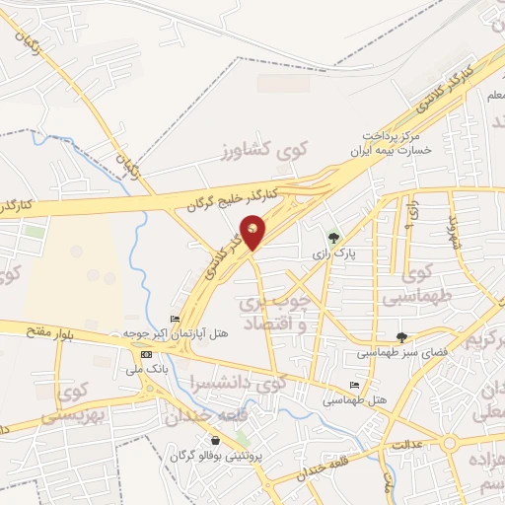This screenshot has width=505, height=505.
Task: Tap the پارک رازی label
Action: click(x=333, y=253)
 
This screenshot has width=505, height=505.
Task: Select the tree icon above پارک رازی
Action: click(x=333, y=238)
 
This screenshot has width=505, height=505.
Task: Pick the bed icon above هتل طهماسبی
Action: click(x=354, y=385)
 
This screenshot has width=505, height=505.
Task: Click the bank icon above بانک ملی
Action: click(x=147, y=354)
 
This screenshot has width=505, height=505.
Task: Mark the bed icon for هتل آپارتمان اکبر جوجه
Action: click(x=176, y=319)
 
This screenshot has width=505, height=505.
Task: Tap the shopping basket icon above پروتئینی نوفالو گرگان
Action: click(x=216, y=440)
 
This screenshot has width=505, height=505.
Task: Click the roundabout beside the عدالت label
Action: click(x=451, y=443)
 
